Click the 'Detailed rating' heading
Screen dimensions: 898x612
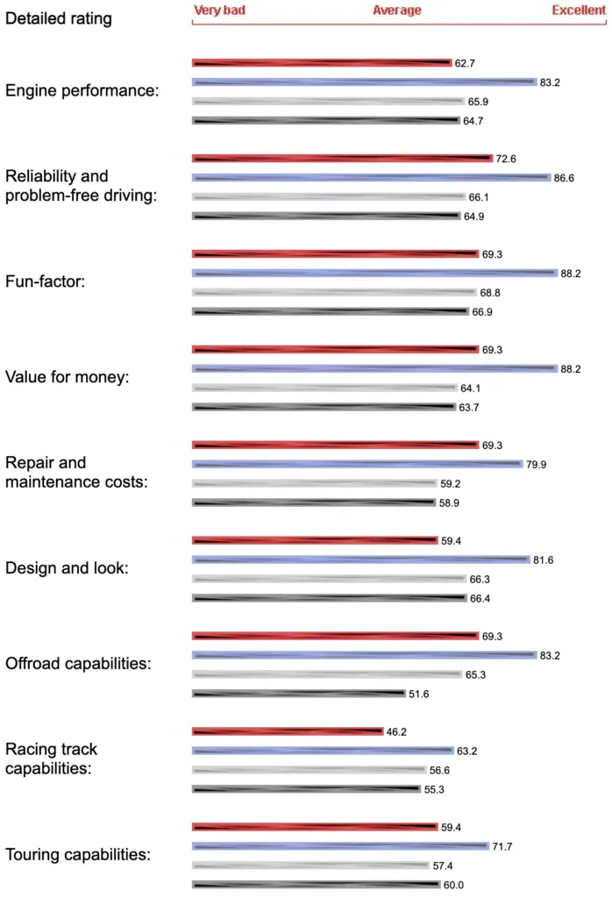pyautogui.click(x=59, y=18)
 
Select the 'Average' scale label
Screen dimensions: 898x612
pyautogui.click(x=396, y=11)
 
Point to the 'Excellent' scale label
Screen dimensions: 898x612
pyautogui.click(x=579, y=11)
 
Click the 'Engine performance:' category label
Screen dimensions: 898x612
pyautogui.click(x=82, y=90)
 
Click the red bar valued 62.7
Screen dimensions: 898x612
pyautogui.click(x=321, y=63)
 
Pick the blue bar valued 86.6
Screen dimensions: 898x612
pyautogui.click(x=370, y=178)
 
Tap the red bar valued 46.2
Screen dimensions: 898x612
pyautogui.click(x=288, y=731)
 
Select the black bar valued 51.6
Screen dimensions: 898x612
pyautogui.click(x=298, y=694)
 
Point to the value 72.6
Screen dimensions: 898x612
pyautogui.click(x=506, y=159)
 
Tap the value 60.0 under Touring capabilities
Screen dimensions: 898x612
pyautogui.click(x=452, y=885)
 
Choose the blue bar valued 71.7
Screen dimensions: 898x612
pyautogui.click(x=340, y=846)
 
